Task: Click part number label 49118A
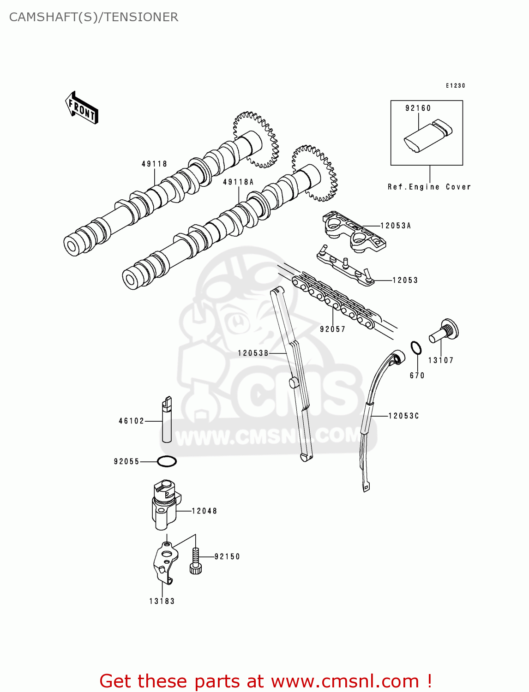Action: (238, 182)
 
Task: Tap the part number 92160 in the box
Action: (418, 108)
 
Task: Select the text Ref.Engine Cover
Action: (429, 187)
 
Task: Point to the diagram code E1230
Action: (455, 86)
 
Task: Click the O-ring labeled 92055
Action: (167, 461)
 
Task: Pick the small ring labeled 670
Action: (416, 348)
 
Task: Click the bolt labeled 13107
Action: (444, 332)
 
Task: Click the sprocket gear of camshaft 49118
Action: (256, 138)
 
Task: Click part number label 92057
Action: (332, 329)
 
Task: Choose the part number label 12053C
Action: (403, 416)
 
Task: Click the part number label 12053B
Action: (253, 353)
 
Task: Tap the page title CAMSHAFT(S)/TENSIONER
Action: (94, 17)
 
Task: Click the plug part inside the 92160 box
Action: (428, 137)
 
